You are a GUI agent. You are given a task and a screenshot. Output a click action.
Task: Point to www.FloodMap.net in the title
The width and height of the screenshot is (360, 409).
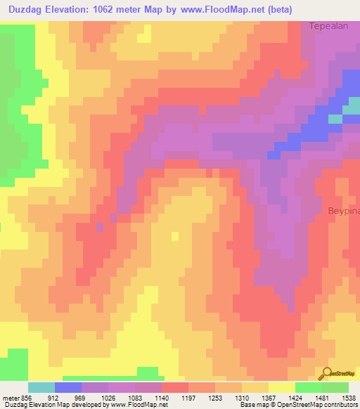click(212, 10)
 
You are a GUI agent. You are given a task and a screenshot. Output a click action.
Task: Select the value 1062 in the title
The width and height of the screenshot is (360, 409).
click(115, 10)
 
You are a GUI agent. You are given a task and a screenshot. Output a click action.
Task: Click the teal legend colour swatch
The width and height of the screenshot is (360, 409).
click(41, 387)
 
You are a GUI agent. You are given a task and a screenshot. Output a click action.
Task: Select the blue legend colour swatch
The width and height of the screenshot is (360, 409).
click(68, 387)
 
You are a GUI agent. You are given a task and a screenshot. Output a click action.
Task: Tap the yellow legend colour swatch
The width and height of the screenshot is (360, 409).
click(282, 387)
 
